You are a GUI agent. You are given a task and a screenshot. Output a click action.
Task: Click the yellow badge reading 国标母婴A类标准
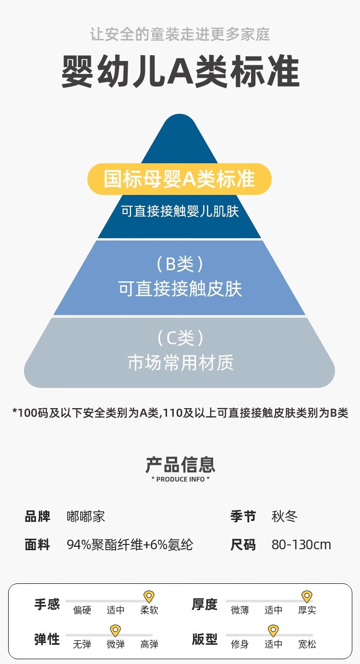point(179,179)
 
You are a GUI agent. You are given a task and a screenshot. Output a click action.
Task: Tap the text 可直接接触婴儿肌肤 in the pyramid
point(180,211)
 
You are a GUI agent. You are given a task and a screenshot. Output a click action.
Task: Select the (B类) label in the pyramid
point(180,264)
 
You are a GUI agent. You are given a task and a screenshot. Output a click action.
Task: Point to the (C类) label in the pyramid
point(180,338)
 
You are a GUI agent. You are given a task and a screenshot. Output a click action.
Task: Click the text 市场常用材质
point(180,362)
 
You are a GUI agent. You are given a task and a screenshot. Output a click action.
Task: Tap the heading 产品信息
point(180,465)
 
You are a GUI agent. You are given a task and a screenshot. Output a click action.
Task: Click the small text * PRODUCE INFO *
point(180,479)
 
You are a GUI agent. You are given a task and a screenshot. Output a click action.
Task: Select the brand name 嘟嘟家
point(85,517)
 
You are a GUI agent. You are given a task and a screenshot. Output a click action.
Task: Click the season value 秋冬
point(284,517)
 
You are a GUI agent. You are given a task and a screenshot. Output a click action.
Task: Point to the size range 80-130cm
point(301,545)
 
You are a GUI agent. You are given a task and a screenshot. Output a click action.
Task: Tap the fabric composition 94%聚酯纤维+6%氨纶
point(130,545)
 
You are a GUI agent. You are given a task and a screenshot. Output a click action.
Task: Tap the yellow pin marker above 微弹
point(115,631)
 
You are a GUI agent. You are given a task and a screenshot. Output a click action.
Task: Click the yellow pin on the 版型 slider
point(273,631)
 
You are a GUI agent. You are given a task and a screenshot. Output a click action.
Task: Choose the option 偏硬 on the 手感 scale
point(82,611)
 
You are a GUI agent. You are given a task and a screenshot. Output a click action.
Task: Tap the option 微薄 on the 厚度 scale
point(240,611)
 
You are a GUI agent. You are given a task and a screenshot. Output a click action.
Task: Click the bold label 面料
point(37,545)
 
